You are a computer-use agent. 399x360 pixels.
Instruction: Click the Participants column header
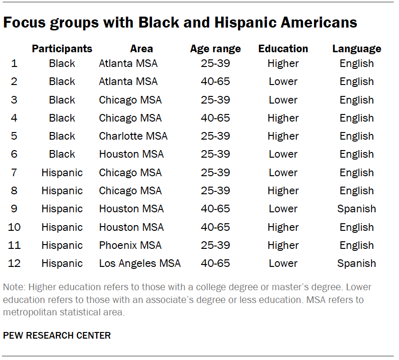pyautogui.click(x=62, y=48)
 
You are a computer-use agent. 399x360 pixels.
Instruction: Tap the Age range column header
pyautogui.click(x=215, y=48)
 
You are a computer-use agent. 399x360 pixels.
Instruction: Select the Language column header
pyautogui.click(x=356, y=48)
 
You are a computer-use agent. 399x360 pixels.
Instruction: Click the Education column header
pyautogui.click(x=283, y=48)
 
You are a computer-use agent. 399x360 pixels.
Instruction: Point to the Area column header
pyautogui.click(x=141, y=48)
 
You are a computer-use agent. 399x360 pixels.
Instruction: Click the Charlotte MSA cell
pyautogui.click(x=133, y=136)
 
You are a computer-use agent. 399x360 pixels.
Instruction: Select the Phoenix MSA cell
pyautogui.click(x=130, y=246)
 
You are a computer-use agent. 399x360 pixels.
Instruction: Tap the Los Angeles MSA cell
pyautogui.click(x=140, y=264)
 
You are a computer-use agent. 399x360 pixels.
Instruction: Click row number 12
pyautogui.click(x=14, y=264)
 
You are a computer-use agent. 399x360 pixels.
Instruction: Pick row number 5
pyautogui.click(x=14, y=136)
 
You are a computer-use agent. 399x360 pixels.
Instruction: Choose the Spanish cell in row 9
pyautogui.click(x=356, y=209)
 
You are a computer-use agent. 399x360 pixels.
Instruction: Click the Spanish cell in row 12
pyautogui.click(x=356, y=264)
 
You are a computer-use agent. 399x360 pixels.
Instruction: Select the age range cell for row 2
pyautogui.click(x=215, y=82)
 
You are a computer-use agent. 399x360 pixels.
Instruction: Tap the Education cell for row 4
pyautogui.click(x=283, y=118)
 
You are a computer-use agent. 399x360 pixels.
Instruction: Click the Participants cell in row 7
pyautogui.click(x=62, y=173)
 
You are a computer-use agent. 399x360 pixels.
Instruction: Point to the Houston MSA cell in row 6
pyautogui.click(x=131, y=154)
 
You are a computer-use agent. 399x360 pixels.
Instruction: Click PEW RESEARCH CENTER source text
pyautogui.click(x=57, y=335)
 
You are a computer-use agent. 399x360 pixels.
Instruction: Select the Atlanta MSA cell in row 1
pyautogui.click(x=128, y=64)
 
